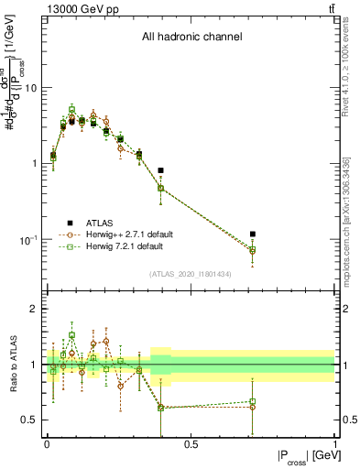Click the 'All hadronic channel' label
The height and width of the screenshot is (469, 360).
point(191,38)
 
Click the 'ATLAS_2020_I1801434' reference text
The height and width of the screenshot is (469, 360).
point(191,275)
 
